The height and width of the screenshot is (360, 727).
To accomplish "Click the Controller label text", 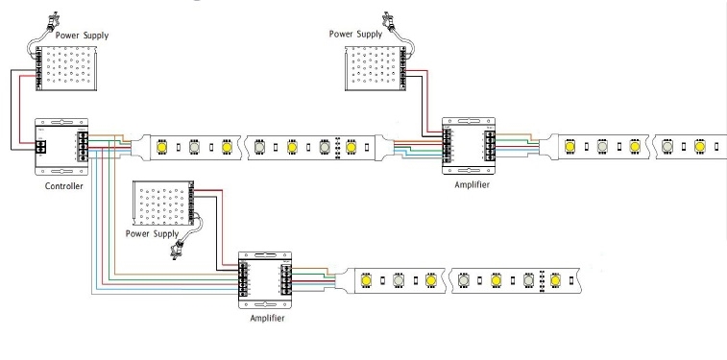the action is click(x=64, y=186).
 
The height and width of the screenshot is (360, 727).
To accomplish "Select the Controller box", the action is click(x=61, y=147).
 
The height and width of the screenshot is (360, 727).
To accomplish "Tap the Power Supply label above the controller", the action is click(x=82, y=36).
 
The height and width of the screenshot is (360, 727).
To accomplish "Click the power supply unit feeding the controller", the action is click(x=66, y=68).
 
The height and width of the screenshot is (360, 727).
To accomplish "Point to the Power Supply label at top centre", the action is click(x=355, y=34).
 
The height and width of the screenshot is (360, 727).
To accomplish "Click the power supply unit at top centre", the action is click(x=376, y=68).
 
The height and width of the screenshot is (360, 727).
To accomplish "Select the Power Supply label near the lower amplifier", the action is click(x=152, y=233).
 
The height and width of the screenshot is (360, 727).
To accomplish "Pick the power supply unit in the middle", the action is click(x=163, y=203).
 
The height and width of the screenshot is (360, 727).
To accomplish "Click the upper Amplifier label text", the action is click(x=472, y=185).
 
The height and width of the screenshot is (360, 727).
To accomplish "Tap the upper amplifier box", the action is click(x=469, y=146).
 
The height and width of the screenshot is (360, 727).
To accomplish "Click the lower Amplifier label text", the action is click(x=267, y=319).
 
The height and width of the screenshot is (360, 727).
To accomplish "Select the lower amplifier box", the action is click(x=265, y=280).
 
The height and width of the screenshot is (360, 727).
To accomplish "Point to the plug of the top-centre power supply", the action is click(x=388, y=20).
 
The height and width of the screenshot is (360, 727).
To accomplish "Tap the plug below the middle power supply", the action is click(x=176, y=250).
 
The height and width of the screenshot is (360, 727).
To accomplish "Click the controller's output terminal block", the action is click(x=83, y=147).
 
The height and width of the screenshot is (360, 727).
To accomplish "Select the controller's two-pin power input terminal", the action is click(x=40, y=147).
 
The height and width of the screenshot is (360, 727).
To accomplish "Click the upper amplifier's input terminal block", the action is click(x=447, y=147).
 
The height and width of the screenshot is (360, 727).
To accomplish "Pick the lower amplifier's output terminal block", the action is click(x=286, y=280).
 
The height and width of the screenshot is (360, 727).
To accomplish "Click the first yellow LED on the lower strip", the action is click(x=366, y=280).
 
